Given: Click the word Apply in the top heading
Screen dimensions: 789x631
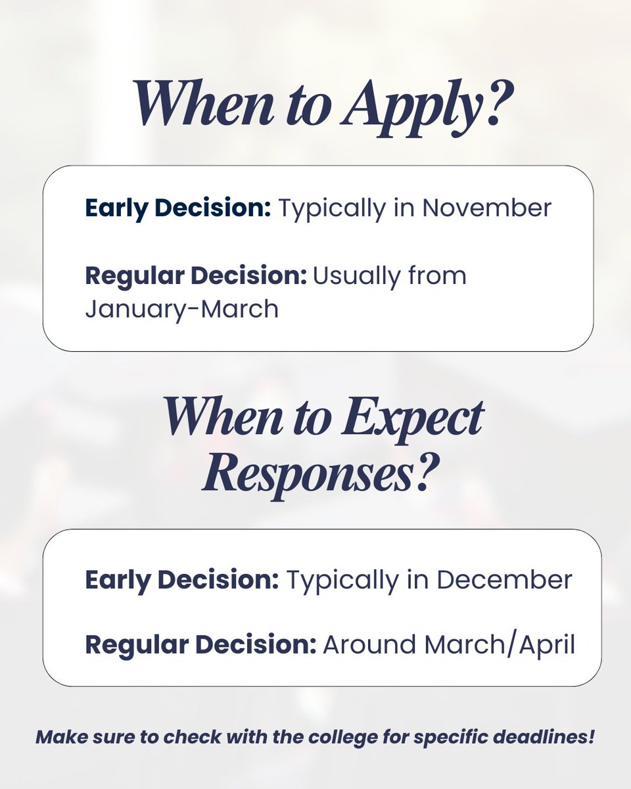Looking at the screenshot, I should [413, 106].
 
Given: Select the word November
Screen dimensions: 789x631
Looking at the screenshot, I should [486, 208].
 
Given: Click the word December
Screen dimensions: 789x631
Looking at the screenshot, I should [504, 579].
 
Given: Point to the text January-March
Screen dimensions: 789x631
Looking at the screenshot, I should [182, 308].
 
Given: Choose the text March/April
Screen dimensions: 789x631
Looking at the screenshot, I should [500, 645].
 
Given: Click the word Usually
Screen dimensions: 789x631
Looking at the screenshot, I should [359, 275].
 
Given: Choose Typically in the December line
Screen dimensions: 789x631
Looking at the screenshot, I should [339, 579].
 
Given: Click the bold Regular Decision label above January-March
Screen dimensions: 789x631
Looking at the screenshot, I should [196, 275].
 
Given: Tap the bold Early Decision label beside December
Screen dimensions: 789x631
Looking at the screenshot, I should [182, 579].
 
